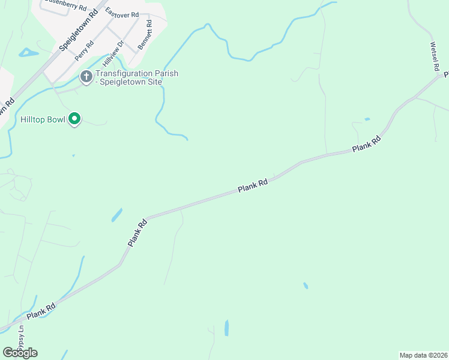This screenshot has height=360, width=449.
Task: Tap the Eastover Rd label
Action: point(122,13)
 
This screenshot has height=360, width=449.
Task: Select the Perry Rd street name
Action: point(85,50)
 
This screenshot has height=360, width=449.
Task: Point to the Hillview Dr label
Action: point(112,53)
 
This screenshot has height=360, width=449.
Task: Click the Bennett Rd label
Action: point(145,35)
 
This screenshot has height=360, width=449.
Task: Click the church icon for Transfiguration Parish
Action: point(86,76)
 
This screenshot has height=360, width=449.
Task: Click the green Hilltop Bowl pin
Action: point(74,119)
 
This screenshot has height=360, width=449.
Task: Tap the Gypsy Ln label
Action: point(21,340)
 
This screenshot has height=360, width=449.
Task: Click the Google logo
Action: point(20,352)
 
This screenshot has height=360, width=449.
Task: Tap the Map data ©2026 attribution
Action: point(423,355)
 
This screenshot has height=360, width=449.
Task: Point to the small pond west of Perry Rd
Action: point(28,53)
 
